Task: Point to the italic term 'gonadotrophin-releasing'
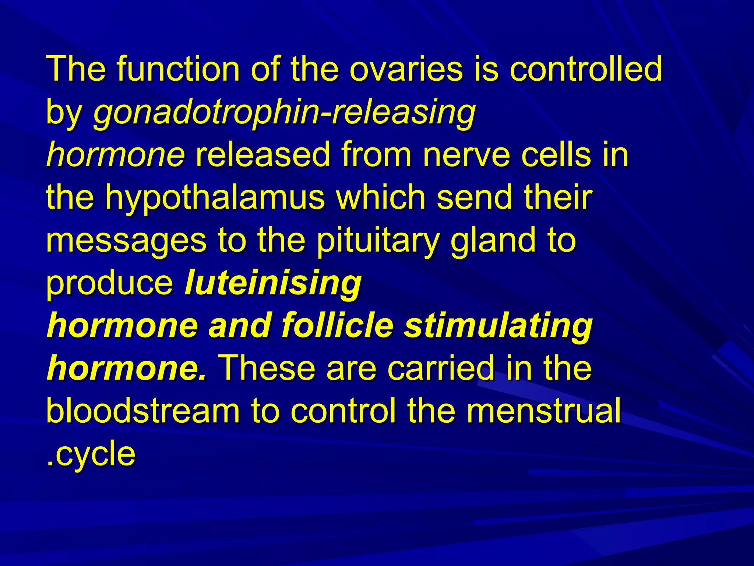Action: pos(285,112)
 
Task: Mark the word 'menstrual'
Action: pos(544,410)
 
